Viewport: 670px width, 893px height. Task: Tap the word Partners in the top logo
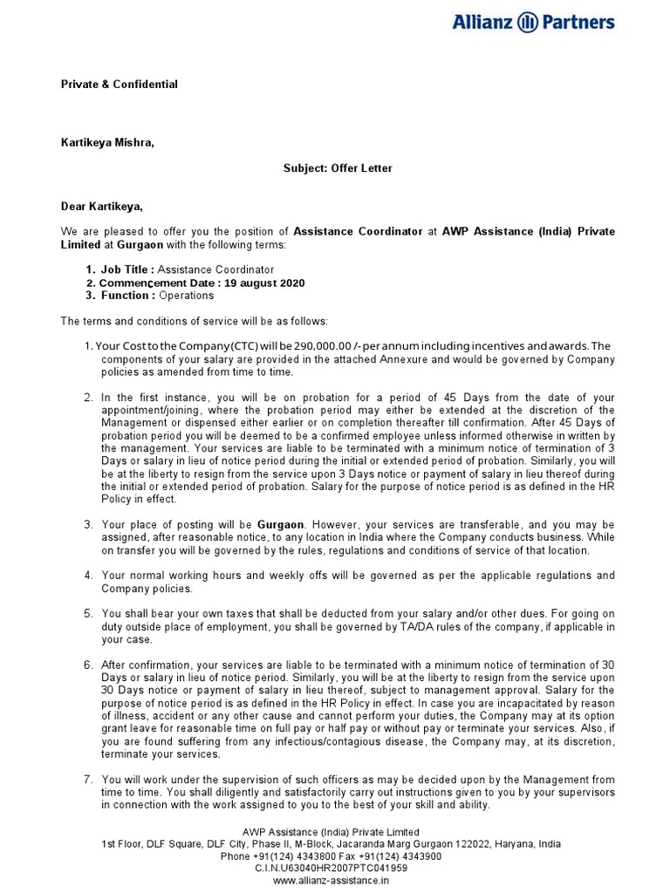[x=579, y=22]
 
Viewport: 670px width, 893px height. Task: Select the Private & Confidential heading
[x=119, y=85]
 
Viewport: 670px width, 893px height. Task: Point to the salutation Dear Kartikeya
[x=100, y=207]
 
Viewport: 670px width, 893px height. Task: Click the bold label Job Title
[x=126, y=270]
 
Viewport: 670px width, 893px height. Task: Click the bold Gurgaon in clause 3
[x=280, y=525]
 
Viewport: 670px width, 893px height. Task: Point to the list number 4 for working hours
[x=88, y=576]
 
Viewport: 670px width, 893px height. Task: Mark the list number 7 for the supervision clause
[x=88, y=780]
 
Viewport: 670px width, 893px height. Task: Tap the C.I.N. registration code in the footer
[x=331, y=869]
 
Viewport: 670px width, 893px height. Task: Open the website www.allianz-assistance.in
[x=331, y=881]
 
